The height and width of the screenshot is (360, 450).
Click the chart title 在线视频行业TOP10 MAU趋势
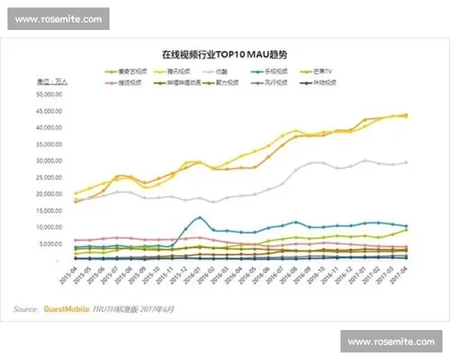tap(224, 55)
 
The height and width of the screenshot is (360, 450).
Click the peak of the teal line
tap(199, 217)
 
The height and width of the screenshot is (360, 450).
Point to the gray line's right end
tap(406, 162)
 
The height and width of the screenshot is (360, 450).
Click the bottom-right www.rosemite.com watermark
tap(391, 342)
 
